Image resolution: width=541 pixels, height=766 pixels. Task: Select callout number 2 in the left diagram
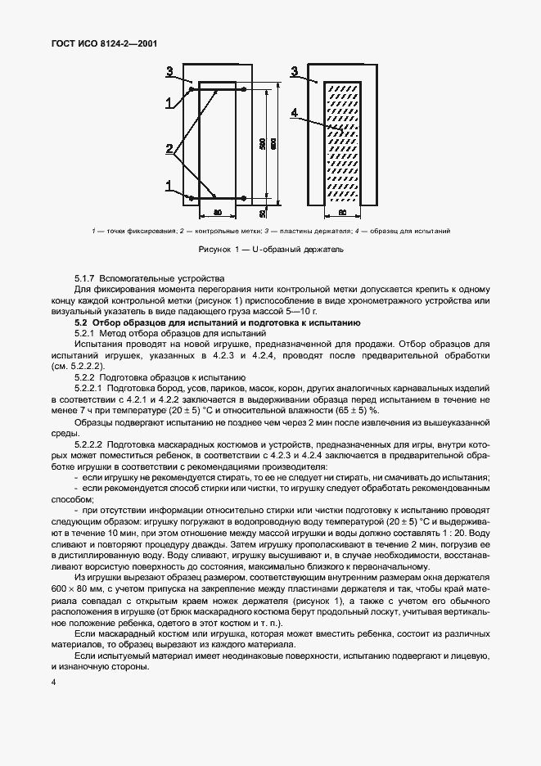coord(169,149)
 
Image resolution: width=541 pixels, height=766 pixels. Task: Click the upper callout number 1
coord(169,102)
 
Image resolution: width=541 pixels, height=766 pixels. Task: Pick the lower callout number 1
coord(169,187)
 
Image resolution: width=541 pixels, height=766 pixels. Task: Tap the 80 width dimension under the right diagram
coord(342,213)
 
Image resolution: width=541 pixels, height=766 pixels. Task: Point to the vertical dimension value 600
coord(274,142)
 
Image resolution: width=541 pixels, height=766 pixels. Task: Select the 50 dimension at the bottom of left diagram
coord(262,213)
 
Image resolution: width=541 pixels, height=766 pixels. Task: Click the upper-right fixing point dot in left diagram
coord(244,89)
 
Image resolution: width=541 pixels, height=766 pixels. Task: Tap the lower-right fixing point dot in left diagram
coord(244,198)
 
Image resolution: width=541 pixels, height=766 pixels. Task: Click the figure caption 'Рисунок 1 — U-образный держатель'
coord(270,249)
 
